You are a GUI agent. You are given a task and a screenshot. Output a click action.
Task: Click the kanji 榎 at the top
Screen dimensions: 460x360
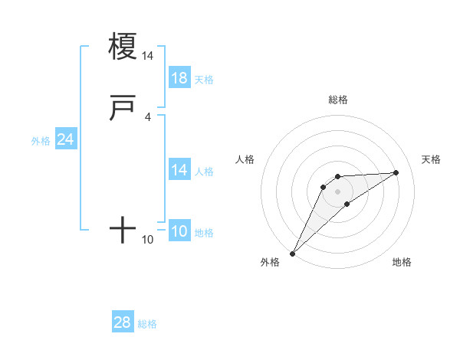tap(123, 46)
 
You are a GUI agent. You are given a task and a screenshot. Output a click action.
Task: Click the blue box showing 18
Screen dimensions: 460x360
tap(179, 77)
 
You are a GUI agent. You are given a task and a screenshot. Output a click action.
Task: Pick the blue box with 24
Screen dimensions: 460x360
tap(66, 139)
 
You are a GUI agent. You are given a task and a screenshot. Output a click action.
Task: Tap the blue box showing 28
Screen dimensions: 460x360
tap(123, 322)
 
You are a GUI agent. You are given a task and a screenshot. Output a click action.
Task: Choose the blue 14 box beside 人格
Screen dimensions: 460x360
tap(179, 170)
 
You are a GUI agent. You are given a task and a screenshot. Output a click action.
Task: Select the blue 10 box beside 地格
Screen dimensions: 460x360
tap(179, 231)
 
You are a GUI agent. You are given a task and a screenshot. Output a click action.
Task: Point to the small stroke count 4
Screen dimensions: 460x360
tap(147, 116)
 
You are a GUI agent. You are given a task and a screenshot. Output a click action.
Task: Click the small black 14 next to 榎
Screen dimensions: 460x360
tap(147, 56)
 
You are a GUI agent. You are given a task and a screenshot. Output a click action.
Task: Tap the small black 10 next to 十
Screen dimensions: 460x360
tap(147, 240)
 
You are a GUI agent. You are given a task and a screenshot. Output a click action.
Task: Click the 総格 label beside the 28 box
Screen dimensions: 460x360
tap(147, 324)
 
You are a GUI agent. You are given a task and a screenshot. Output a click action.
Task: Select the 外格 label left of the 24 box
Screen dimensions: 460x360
tap(41, 141)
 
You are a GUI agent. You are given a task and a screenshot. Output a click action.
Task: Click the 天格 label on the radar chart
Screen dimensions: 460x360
tap(431, 159)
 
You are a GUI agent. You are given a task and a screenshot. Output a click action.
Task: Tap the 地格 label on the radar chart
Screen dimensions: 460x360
tap(402, 262)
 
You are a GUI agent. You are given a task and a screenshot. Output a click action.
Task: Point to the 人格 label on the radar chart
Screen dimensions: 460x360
tap(245, 159)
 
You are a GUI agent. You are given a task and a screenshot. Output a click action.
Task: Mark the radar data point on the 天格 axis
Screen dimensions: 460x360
tap(396, 172)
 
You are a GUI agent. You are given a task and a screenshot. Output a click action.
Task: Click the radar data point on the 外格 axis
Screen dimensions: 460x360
tap(292, 254)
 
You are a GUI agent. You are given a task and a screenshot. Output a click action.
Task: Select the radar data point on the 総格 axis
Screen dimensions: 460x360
tap(337, 177)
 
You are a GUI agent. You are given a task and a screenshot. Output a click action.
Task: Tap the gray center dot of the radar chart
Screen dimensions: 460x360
tap(337, 191)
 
